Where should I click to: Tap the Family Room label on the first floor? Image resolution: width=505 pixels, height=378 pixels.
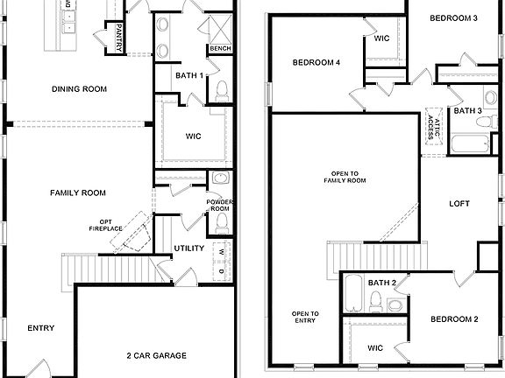tap(77, 192)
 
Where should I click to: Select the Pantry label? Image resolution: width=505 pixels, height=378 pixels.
tap(113, 38)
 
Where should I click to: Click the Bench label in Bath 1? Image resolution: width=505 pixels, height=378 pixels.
tap(219, 48)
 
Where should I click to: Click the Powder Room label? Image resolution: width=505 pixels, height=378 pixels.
tap(219, 206)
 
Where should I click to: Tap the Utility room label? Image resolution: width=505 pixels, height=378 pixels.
tap(188, 248)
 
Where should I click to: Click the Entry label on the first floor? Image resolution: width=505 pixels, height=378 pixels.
tap(41, 328)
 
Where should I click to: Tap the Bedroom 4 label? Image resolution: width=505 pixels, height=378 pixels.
tap(316, 62)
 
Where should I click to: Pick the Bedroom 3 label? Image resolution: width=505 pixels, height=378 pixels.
tap(452, 18)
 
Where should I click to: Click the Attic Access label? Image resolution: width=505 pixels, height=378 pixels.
tap(431, 124)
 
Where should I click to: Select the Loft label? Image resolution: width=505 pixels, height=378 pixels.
tap(459, 204)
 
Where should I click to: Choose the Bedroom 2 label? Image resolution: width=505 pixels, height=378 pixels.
tap(453, 319)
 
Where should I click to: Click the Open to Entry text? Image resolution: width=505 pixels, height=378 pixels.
tap(305, 317)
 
